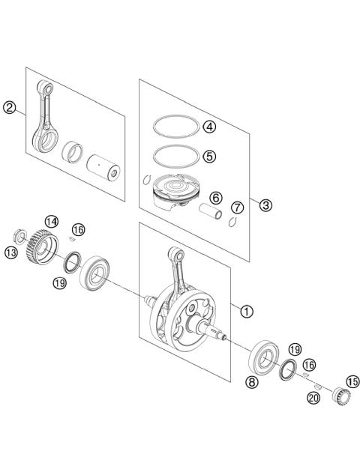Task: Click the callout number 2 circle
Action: click(10, 109)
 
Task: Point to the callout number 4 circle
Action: click(209, 127)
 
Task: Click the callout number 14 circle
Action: click(51, 221)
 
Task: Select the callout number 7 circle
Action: click(237, 206)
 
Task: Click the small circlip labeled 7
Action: click(233, 220)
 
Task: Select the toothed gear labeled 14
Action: click(32, 244)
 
